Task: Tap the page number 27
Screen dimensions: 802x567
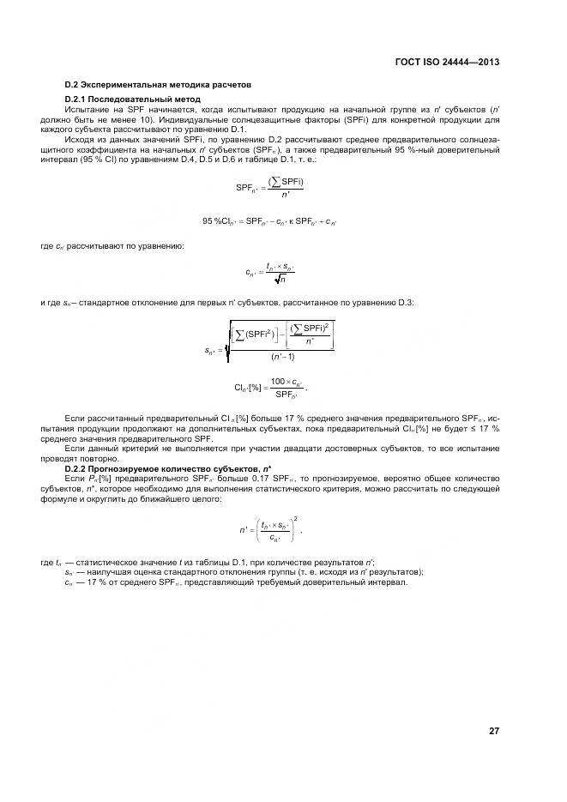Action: (494, 731)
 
